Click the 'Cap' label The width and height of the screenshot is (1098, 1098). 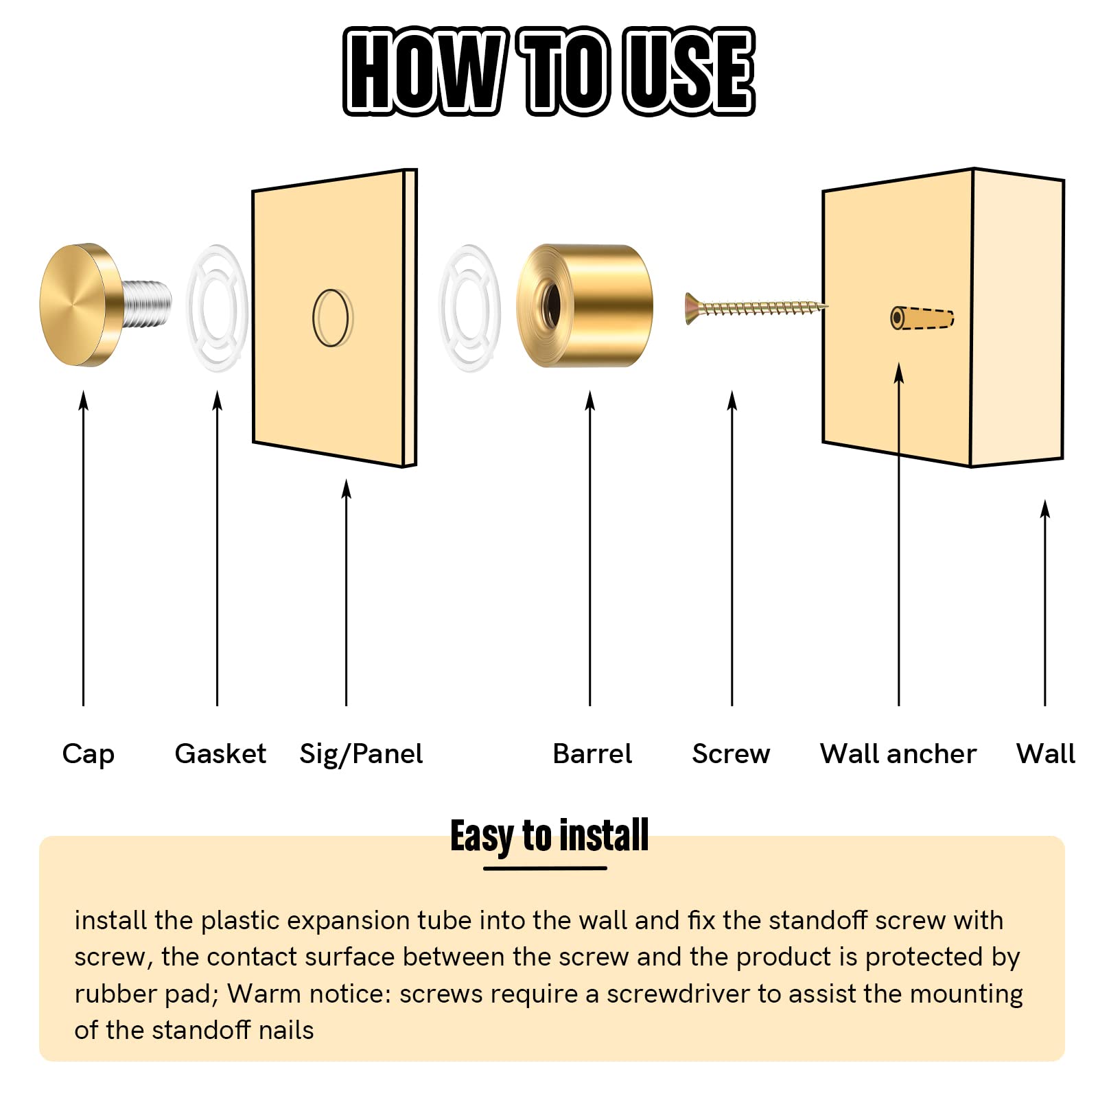[x=88, y=754]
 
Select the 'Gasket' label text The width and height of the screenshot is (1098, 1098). [x=220, y=754]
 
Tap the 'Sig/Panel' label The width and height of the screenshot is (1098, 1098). [x=361, y=754]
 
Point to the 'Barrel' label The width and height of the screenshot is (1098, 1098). [x=592, y=754]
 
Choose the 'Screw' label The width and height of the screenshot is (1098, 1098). [x=731, y=754]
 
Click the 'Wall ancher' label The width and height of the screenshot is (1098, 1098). [x=898, y=754]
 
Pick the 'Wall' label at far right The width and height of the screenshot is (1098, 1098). [x=1046, y=754]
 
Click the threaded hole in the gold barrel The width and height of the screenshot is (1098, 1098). [x=550, y=306]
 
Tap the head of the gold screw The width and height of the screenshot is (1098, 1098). [x=692, y=308]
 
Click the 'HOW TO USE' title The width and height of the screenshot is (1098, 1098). [x=549, y=71]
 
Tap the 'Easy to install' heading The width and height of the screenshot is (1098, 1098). [x=549, y=836]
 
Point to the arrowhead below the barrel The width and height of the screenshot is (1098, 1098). [x=590, y=401]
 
